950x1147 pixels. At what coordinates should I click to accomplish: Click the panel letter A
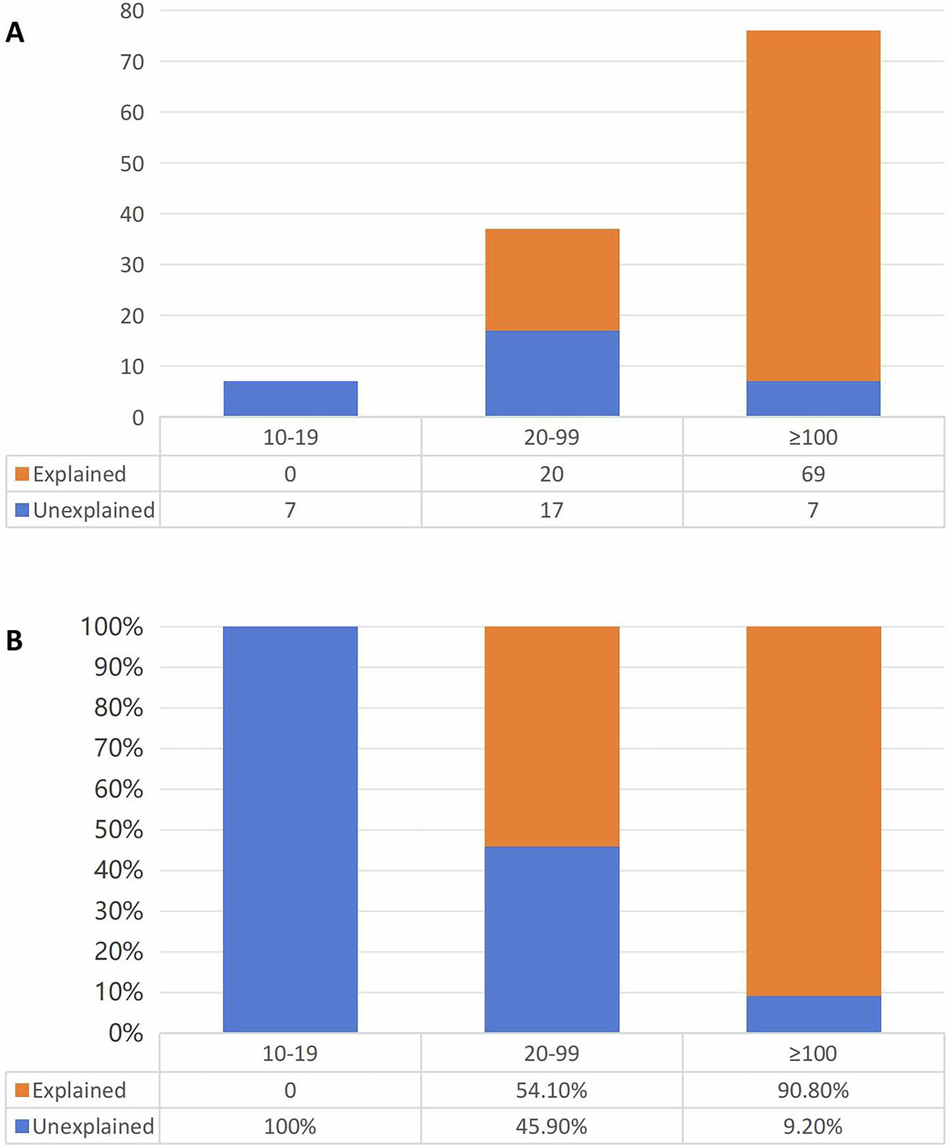(14, 32)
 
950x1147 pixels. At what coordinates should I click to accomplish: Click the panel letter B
(14, 641)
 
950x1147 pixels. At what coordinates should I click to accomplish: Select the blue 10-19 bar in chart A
(290, 399)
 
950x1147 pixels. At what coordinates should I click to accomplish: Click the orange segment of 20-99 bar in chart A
(552, 280)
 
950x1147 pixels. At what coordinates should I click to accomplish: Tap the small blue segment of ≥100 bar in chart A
(813, 399)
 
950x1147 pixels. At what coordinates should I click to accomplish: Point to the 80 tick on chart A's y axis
(132, 11)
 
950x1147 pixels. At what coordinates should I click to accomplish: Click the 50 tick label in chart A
(132, 163)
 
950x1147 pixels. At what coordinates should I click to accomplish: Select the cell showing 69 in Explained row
(813, 474)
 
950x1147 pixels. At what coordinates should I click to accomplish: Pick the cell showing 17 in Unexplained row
(552, 510)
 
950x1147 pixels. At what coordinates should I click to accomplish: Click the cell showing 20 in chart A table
(552, 474)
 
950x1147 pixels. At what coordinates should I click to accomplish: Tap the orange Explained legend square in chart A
(22, 474)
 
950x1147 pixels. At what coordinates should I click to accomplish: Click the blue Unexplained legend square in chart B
(22, 1126)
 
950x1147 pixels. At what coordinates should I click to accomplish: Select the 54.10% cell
(552, 1090)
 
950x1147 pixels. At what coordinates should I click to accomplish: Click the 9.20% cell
(813, 1126)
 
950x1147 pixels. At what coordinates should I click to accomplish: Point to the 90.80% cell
(813, 1090)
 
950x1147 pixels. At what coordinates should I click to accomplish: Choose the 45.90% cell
(552, 1126)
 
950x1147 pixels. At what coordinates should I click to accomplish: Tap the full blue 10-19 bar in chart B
(290, 829)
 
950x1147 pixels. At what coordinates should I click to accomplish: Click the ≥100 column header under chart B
(813, 1053)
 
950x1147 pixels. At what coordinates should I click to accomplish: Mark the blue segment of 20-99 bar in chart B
(552, 939)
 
